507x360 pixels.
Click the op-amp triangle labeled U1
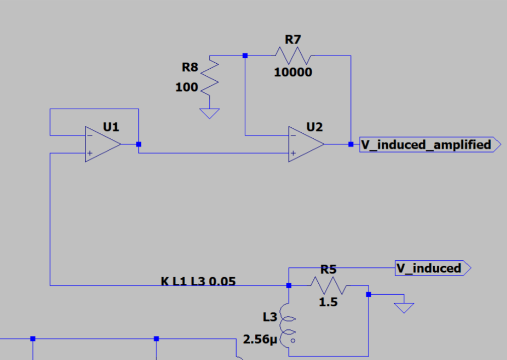[x=102, y=144]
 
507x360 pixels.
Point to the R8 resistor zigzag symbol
[x=210, y=76]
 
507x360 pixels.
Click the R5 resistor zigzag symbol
[x=328, y=286]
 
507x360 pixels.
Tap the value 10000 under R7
[x=293, y=72]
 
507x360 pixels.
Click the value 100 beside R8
[x=187, y=87]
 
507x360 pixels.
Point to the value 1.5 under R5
[x=328, y=302]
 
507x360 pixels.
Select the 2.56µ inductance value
[x=260, y=340]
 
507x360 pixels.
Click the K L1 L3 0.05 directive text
[x=198, y=282]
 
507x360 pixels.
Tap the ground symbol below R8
[x=210, y=113]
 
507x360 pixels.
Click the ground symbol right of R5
[x=404, y=307]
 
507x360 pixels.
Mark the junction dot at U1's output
[x=138, y=144]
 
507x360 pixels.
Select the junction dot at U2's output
[x=351, y=144]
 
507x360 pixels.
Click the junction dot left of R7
[x=245, y=56]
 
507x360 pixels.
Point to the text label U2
[x=314, y=127]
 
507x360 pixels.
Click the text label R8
[x=190, y=67]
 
